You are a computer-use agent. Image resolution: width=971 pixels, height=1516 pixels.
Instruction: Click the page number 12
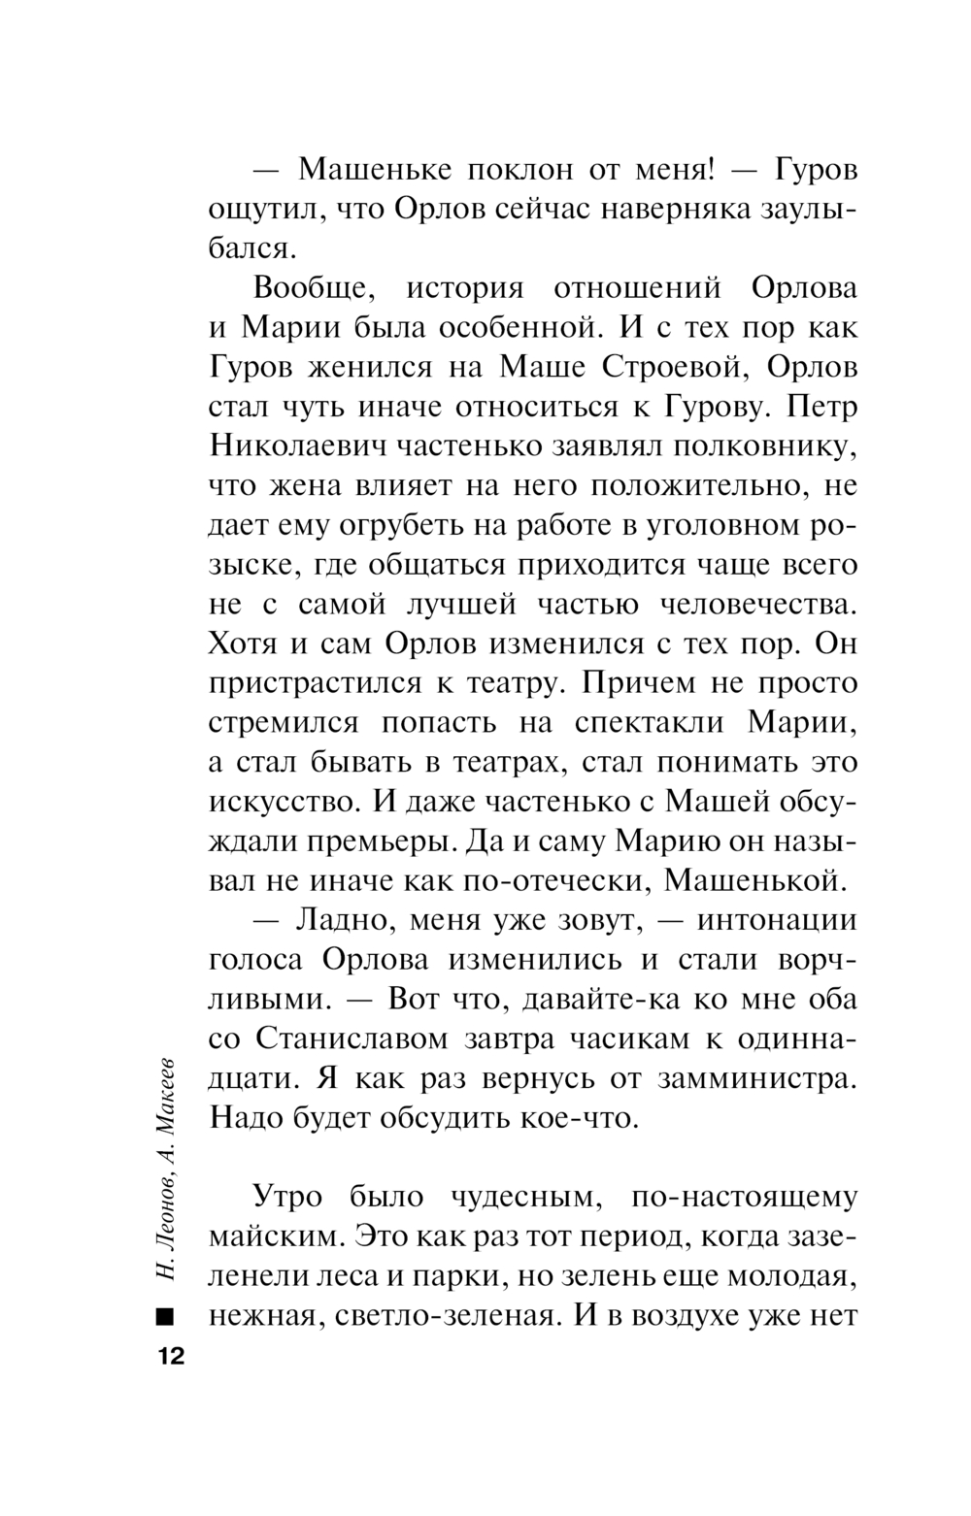coord(168,1357)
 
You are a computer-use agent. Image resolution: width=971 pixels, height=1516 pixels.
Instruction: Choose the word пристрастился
coord(316,683)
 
